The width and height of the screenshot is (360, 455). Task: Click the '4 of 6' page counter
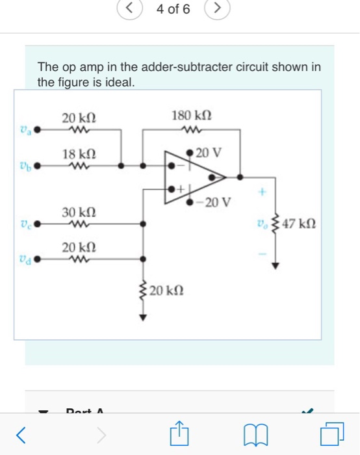174,10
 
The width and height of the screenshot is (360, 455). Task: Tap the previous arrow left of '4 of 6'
129,9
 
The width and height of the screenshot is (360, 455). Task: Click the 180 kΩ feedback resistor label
191,116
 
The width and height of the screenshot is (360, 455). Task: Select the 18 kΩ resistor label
79,154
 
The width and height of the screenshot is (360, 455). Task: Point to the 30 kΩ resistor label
79,213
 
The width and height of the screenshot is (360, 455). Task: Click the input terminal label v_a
25,129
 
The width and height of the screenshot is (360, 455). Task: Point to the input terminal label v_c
25,224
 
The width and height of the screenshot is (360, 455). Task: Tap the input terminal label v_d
25,259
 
